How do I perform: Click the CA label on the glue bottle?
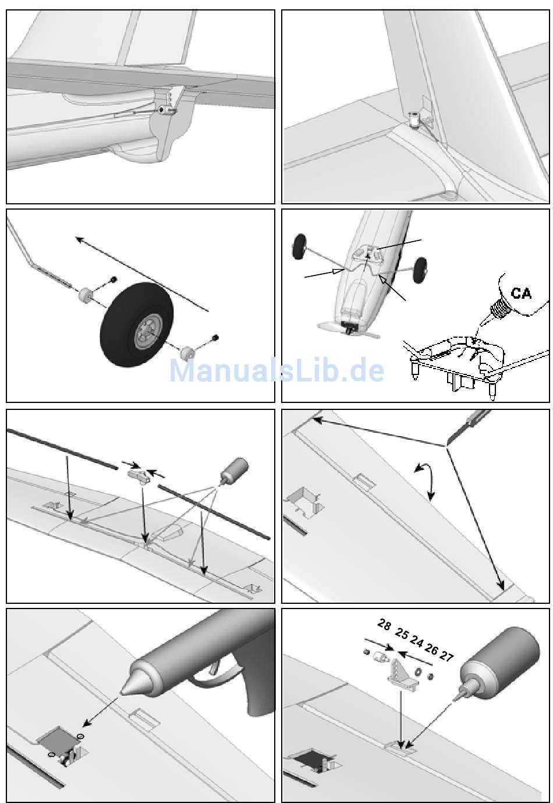[521, 292]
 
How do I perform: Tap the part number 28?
[384, 625]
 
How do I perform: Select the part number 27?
[446, 656]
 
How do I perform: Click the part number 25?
[402, 634]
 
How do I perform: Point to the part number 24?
[416, 641]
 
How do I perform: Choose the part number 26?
[431, 649]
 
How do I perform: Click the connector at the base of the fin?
[414, 121]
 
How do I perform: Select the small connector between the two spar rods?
[138, 476]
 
